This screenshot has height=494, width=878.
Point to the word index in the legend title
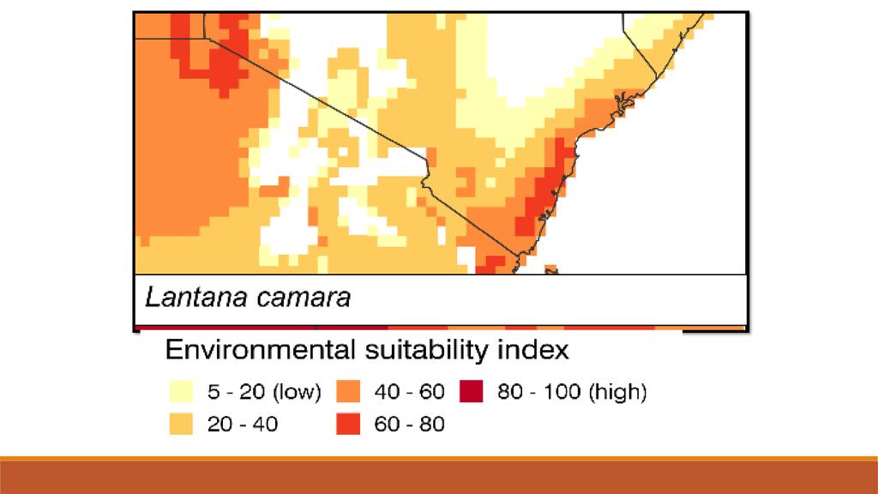pos(536,350)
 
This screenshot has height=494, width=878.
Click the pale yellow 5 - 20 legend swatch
pos(183,392)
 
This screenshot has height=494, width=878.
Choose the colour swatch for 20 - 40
pos(183,423)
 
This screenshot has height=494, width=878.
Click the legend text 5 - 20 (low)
pos(263,393)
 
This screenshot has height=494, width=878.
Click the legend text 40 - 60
pos(410,393)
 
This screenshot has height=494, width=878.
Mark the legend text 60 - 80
pos(410,424)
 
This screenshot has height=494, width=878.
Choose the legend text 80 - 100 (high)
pos(572,393)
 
